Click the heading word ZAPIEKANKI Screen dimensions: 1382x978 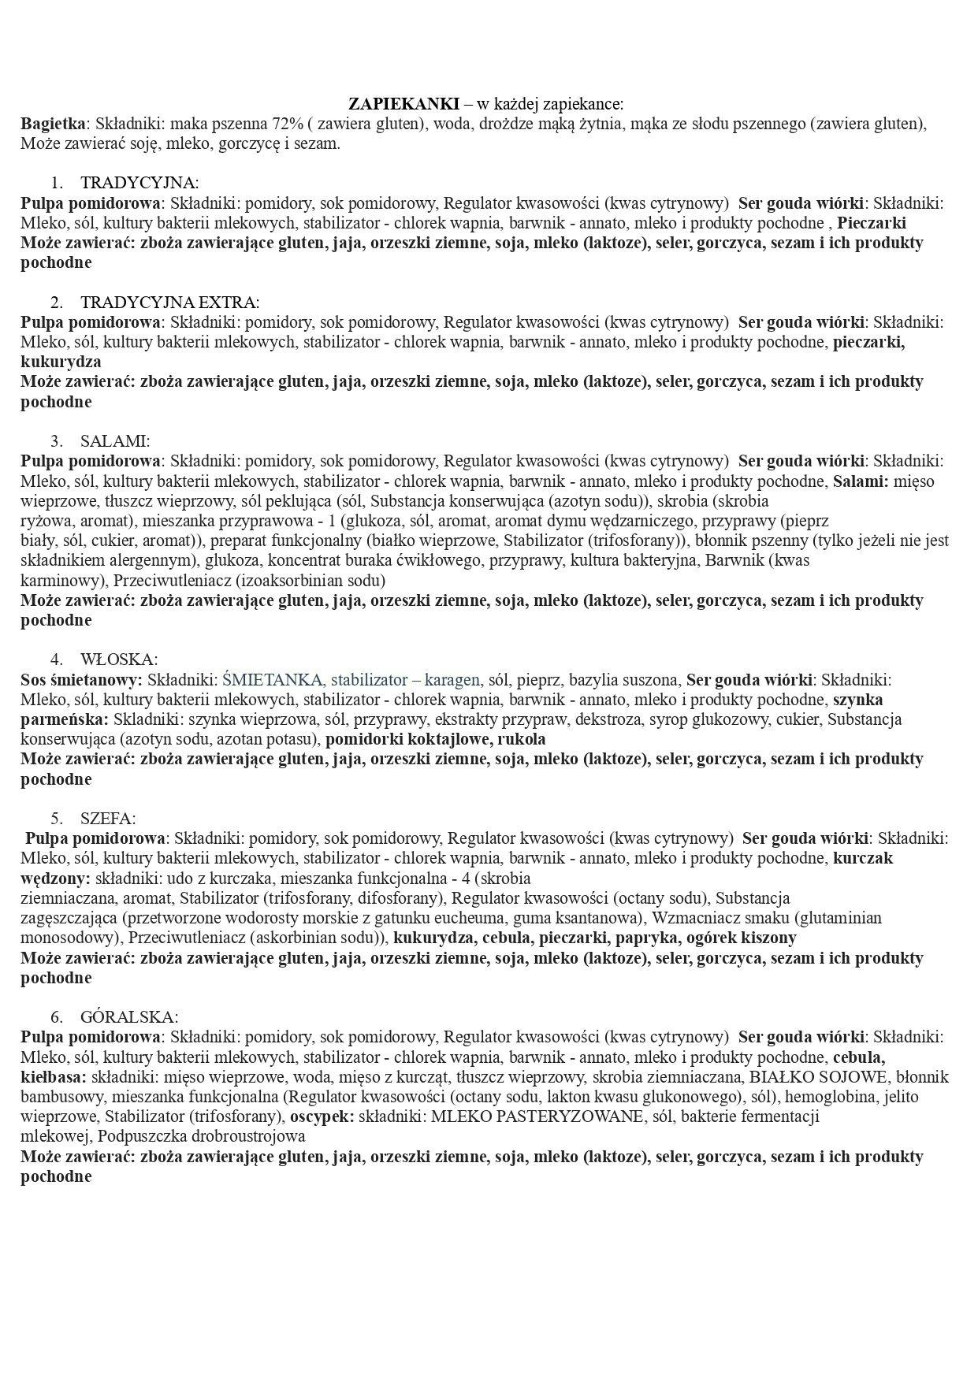(x=403, y=104)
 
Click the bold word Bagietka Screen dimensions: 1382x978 (x=53, y=124)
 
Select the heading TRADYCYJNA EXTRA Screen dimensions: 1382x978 (x=169, y=303)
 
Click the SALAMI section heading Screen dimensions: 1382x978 (x=114, y=441)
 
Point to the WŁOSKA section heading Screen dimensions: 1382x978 (x=118, y=659)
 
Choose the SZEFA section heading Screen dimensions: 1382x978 (x=108, y=819)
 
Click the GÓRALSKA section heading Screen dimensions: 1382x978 (x=129, y=1017)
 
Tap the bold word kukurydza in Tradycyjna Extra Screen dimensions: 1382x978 (x=61, y=362)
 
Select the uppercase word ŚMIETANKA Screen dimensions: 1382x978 (x=273, y=680)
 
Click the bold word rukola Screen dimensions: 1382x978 (x=519, y=740)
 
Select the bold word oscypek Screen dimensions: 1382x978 (x=320, y=1116)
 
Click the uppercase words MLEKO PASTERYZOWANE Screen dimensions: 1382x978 (x=533, y=1116)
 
